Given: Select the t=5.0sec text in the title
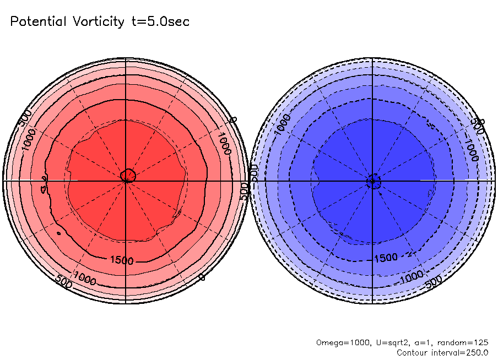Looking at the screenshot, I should pos(159,22).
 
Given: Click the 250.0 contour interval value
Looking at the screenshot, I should pos(477,352).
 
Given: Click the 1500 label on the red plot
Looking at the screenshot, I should pos(122,260).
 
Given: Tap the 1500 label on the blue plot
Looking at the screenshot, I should pos(386,258).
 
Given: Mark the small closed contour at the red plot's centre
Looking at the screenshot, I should pos(128,176).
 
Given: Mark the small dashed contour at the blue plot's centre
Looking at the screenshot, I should pos(374,181).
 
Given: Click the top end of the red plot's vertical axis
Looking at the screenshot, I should pos(126,57).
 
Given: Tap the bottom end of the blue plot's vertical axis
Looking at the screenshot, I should pos(373,303).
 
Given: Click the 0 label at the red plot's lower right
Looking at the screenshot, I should pos(202,277).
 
